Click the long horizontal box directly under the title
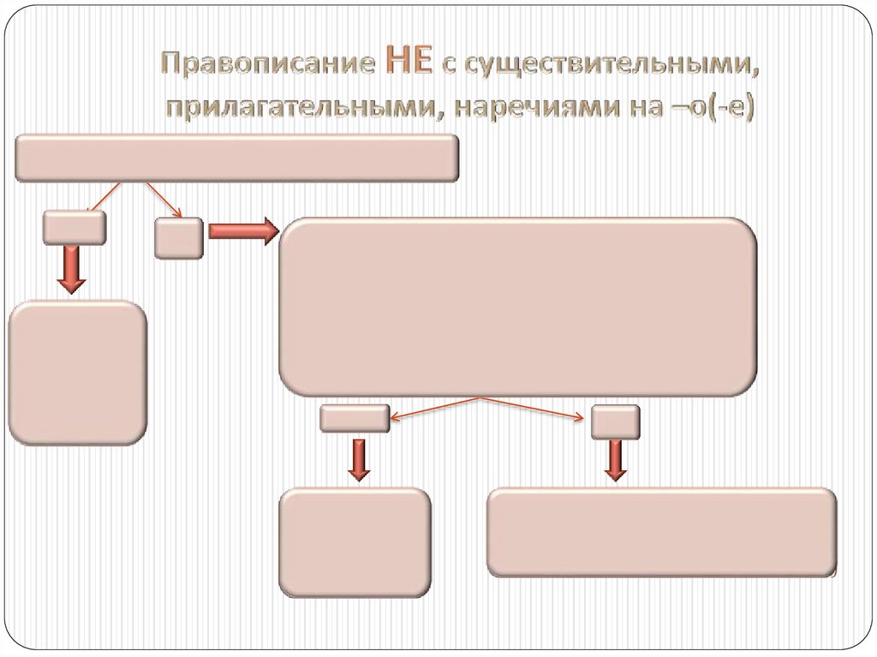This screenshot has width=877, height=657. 236,158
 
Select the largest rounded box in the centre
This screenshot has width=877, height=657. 517,307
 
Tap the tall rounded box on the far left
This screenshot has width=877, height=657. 77,373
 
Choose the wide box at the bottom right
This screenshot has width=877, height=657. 661,532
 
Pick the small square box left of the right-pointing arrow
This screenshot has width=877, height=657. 178,237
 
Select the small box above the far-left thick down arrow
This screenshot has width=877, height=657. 75,227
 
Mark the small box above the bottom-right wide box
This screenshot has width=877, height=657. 615,421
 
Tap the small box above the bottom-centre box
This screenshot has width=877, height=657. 355,418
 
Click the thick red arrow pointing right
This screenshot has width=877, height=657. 242,230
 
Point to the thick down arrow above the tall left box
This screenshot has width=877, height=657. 73,269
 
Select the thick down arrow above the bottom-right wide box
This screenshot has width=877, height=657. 614,460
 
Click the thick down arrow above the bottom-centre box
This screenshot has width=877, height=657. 359,458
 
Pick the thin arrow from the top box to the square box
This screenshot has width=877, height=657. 164,200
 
